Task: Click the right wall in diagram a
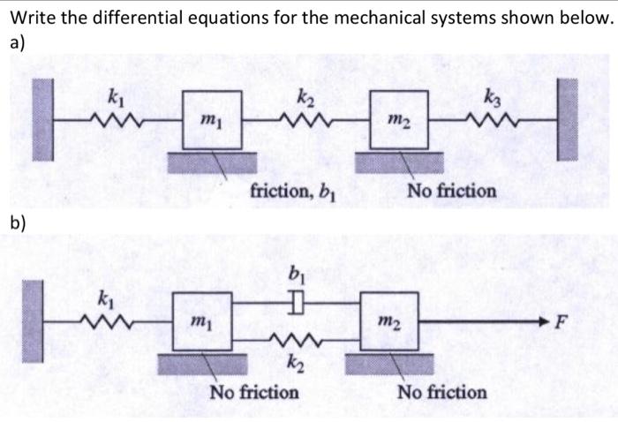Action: pos(569,119)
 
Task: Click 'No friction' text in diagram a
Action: pos(451,190)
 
